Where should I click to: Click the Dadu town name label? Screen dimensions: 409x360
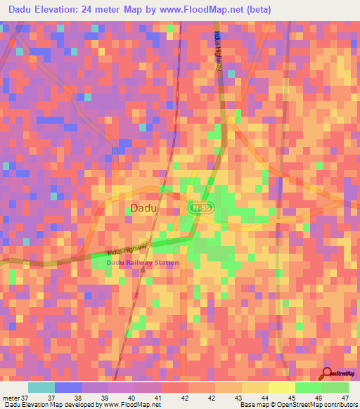click(x=145, y=208)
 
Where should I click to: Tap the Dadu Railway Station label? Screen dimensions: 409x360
click(x=143, y=263)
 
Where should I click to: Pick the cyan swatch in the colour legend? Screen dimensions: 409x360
click(x=41, y=387)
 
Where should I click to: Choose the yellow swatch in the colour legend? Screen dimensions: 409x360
click(x=281, y=387)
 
